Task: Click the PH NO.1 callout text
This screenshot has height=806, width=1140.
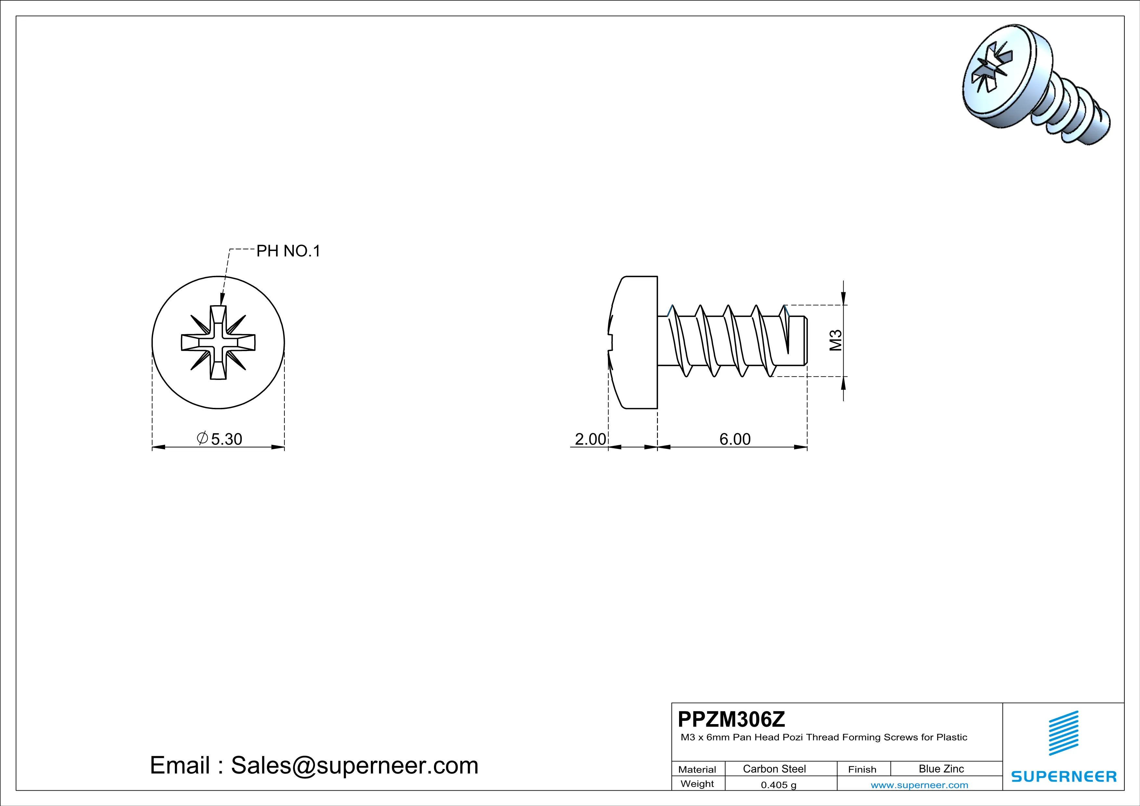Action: pos(288,251)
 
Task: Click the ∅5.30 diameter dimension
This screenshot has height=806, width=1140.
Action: pos(220,439)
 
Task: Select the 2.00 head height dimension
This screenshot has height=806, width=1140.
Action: pos(590,439)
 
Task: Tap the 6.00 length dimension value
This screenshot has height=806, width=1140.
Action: pos(735,439)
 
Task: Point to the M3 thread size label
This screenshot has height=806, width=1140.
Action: pos(836,341)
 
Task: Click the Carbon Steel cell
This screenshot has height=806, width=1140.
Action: pos(774,769)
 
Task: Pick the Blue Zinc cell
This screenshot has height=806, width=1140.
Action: pos(941,769)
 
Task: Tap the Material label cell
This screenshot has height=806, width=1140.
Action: pos(697,769)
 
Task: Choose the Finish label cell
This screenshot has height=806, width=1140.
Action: pos(862,769)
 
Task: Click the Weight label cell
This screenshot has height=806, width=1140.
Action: pos(697,784)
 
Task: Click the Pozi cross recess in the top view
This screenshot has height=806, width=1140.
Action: pos(218,343)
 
